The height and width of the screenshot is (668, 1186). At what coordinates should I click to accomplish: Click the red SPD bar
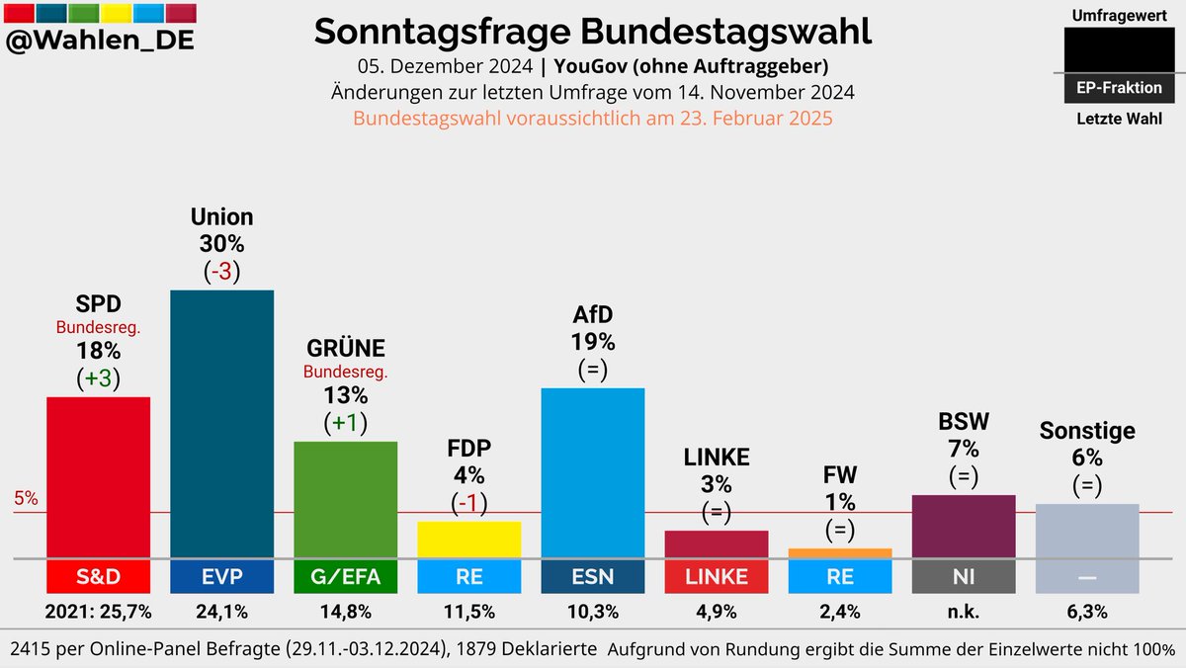pyautogui.click(x=98, y=477)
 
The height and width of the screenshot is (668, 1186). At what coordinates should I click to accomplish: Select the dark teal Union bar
pyautogui.click(x=221, y=424)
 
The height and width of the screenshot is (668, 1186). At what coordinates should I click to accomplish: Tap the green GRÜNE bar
pyautogui.click(x=345, y=499)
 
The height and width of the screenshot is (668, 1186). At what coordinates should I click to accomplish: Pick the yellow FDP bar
pyautogui.click(x=468, y=540)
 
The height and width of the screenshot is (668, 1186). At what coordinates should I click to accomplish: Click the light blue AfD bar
pyautogui.click(x=592, y=472)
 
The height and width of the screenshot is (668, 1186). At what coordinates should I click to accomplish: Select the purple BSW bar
pyautogui.click(x=963, y=526)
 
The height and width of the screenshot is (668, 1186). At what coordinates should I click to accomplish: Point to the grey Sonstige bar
pyautogui.click(x=1086, y=531)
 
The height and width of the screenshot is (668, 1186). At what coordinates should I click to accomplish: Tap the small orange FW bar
pyautogui.click(x=839, y=553)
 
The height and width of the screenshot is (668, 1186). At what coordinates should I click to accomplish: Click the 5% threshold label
pyautogui.click(x=26, y=499)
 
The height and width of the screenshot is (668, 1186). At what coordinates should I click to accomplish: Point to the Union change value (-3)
pyautogui.click(x=221, y=271)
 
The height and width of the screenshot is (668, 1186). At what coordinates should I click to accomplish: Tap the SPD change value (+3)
pyautogui.click(x=98, y=377)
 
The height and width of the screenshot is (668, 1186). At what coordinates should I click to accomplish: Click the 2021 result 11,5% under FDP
pyautogui.click(x=468, y=612)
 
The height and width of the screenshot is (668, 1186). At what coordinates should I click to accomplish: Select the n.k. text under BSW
pyautogui.click(x=963, y=612)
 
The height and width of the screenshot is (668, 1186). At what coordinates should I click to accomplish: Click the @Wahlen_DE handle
pyautogui.click(x=100, y=42)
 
